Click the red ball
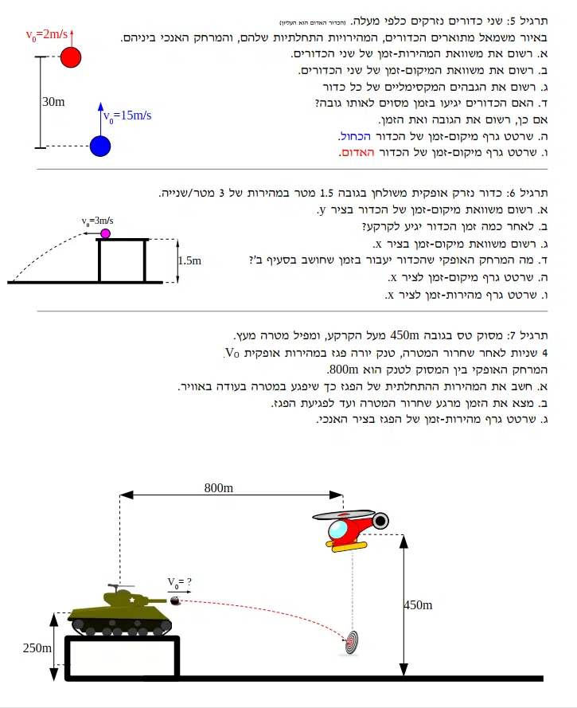71,57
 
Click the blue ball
100,147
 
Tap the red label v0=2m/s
47,35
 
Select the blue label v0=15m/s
127,116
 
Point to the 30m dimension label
53,102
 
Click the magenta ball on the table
105,233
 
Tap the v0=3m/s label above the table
97,221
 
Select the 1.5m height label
190,260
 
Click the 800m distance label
219,488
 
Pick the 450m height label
418,605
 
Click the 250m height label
37,648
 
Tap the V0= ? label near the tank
180,582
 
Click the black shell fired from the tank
175,600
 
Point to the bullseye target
352,642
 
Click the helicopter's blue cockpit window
337,529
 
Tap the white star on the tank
132,600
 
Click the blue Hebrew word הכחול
355,136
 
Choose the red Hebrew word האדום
358,153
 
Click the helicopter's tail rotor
380,521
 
